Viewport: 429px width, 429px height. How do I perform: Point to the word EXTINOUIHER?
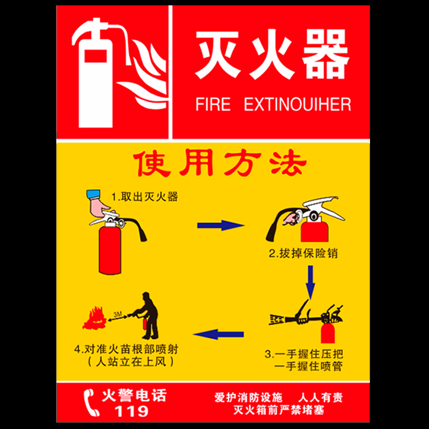tap(298, 104)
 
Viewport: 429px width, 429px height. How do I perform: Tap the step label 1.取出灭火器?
tap(144, 197)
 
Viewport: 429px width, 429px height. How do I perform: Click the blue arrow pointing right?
tap(220, 225)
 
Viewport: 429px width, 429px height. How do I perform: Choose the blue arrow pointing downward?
tap(310, 282)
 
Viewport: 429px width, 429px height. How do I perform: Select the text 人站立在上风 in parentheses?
tap(131, 361)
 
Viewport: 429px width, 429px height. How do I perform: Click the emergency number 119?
tap(132, 411)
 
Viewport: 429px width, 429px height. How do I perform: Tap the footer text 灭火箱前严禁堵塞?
tap(278, 410)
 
